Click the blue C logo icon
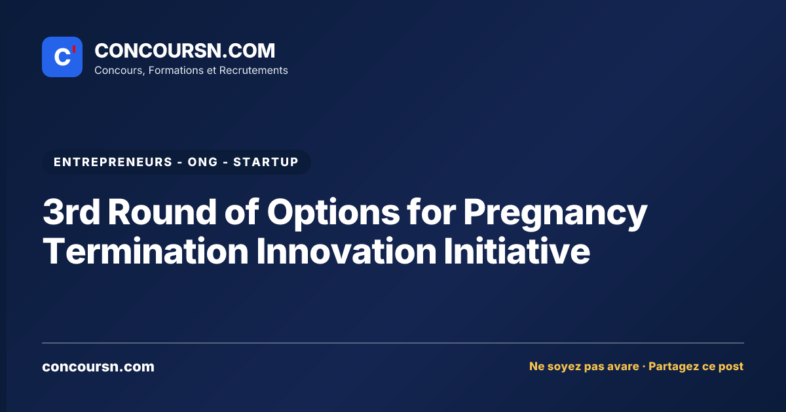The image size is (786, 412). (62, 57)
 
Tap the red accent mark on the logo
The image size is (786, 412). (74, 49)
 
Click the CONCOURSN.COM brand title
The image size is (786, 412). (185, 50)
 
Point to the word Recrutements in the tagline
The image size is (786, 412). (253, 71)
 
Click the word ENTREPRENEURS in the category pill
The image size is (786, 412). (113, 162)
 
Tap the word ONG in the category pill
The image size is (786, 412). (203, 162)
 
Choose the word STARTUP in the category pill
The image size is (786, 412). (266, 162)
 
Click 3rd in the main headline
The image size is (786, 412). (71, 212)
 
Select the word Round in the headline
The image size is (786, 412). (162, 212)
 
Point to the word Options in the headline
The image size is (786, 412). (333, 214)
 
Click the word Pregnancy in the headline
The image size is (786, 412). (555, 215)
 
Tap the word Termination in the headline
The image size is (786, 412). (145, 251)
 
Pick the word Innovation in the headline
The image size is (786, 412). (346, 251)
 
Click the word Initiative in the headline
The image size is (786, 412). (517, 251)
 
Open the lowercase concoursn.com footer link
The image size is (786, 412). (98, 367)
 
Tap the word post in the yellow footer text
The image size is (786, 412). (731, 367)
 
